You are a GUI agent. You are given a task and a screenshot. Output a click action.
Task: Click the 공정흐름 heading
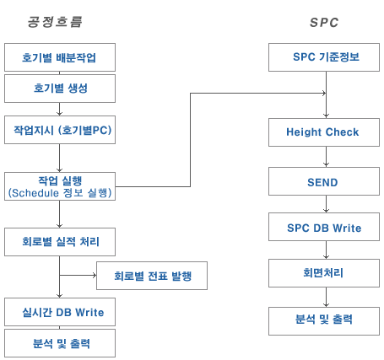[x=55, y=22]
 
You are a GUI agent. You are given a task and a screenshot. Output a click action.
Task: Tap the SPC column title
[x=324, y=23]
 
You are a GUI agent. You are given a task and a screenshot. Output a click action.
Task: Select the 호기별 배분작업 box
[x=60, y=57]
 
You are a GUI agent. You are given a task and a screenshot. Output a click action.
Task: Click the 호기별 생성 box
[x=60, y=89]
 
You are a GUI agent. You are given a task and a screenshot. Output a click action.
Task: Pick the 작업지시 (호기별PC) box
[x=60, y=130]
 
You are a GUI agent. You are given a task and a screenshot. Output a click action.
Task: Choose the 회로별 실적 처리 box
[x=60, y=242]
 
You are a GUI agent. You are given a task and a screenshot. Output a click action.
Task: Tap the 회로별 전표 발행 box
[x=152, y=276]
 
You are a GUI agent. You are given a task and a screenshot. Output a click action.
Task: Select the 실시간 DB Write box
[x=60, y=312]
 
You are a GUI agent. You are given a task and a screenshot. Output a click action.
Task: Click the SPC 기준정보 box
[x=324, y=57]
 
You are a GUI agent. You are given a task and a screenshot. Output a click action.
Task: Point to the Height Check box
[x=324, y=132]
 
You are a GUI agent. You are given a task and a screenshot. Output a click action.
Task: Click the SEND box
[x=324, y=181]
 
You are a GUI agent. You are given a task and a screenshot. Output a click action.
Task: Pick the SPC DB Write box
[x=324, y=227]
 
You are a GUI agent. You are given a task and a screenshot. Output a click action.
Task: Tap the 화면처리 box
[x=324, y=273]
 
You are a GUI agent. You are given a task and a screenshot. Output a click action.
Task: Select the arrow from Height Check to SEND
[x=326, y=157]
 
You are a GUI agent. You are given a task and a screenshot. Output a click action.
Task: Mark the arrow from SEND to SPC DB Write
[x=326, y=204]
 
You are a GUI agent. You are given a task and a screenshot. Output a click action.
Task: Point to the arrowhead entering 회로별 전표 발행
[x=95, y=275]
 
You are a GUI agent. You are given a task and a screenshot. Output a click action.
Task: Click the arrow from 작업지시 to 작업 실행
[x=59, y=158]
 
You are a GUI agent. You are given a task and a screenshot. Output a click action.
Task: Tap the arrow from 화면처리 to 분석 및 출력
[x=326, y=297]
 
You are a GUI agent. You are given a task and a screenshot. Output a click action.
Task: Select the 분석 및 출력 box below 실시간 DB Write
[x=60, y=343]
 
